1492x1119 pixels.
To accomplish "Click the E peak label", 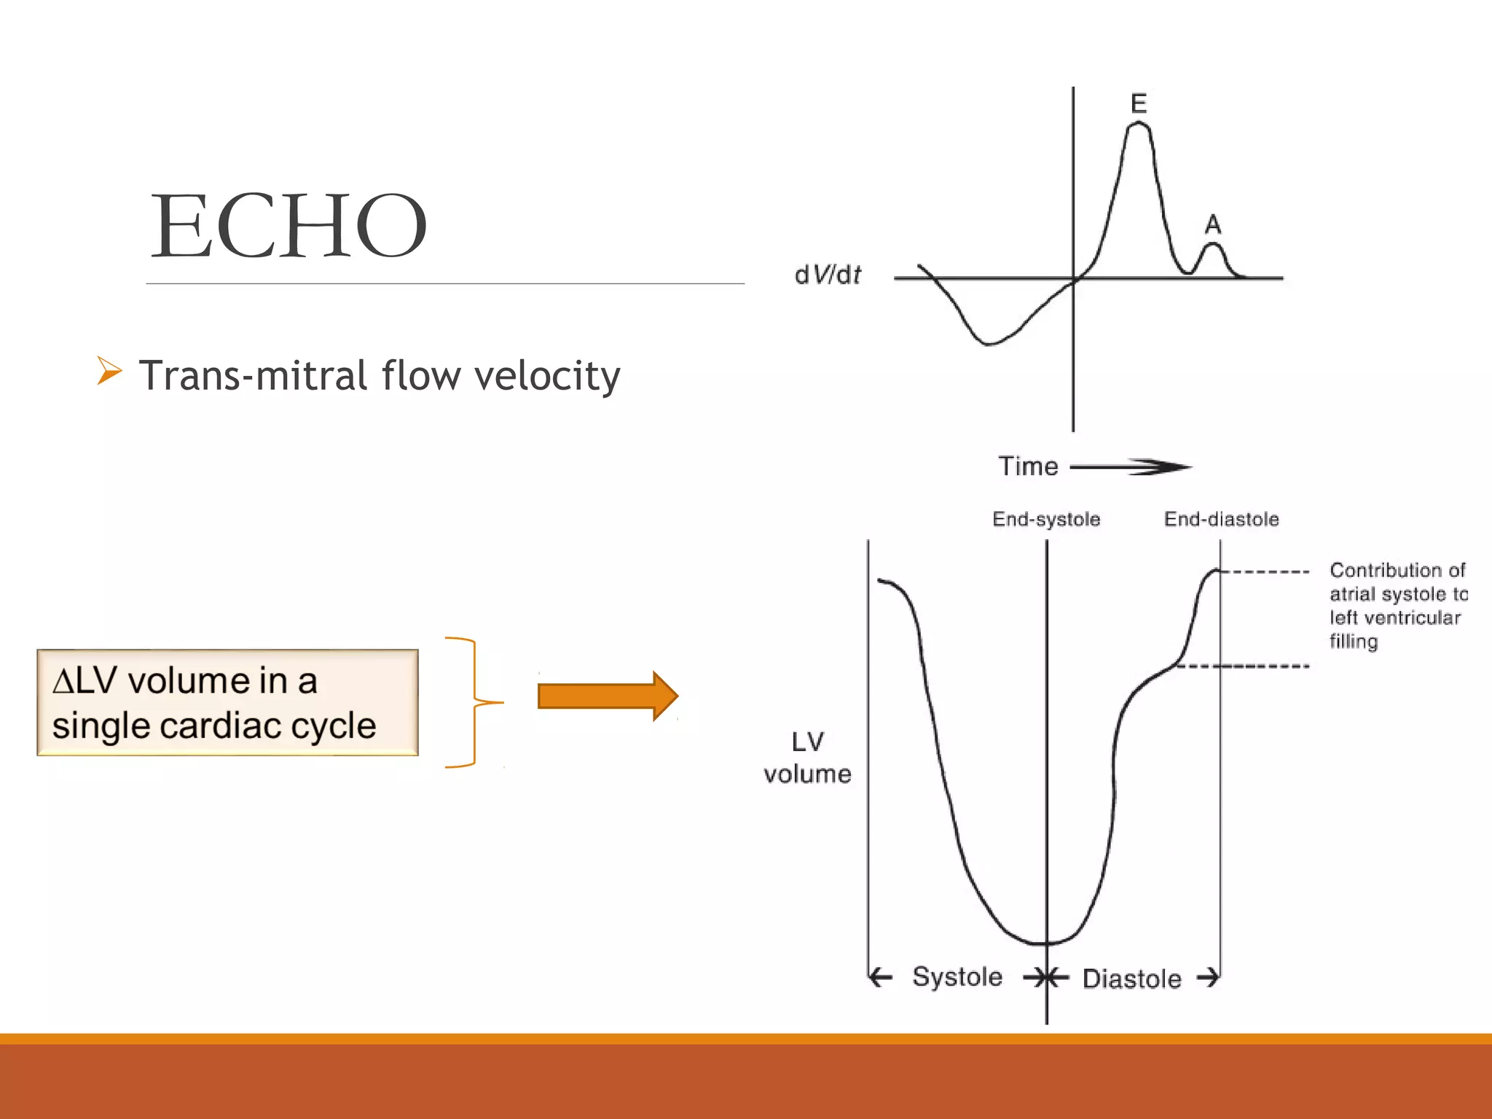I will (1139, 103).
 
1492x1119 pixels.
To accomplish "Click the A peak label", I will (1213, 224).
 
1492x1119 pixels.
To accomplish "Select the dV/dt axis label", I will (828, 275).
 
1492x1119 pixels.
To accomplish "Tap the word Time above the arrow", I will (1028, 466).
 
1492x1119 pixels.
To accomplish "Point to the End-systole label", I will (1046, 519).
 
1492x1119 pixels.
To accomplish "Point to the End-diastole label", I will (1222, 519).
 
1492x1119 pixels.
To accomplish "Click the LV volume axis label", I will (807, 758).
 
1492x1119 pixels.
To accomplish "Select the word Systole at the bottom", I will (957, 977).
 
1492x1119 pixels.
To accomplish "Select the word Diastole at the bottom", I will (1131, 979).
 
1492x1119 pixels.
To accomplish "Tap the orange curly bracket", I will (474, 702).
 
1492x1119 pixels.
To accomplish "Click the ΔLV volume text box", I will (227, 702).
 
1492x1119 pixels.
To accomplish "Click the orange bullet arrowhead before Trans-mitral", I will (109, 371).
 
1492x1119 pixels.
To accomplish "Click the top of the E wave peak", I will (1139, 125).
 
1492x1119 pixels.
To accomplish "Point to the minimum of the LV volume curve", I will (1046, 943).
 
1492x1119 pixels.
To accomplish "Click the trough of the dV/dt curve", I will (988, 344).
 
